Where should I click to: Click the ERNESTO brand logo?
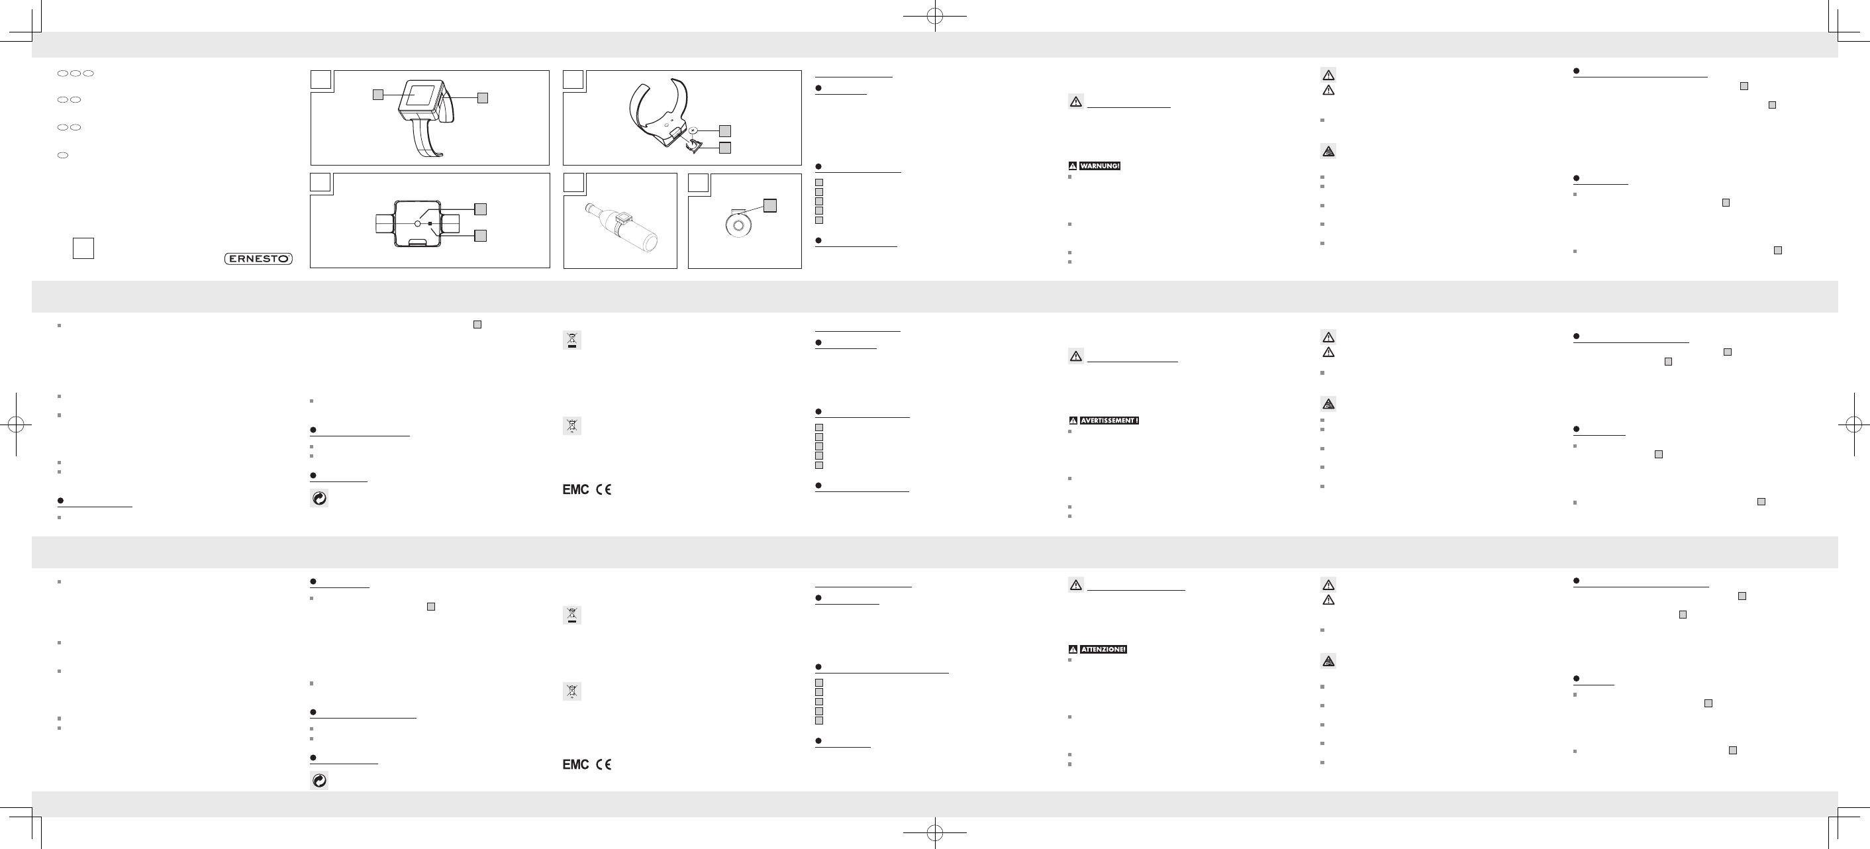[x=258, y=258]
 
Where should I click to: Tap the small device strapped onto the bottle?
[x=623, y=217]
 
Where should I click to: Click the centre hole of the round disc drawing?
[x=738, y=225]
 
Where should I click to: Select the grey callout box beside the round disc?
[x=770, y=205]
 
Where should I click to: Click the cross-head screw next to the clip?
[x=693, y=130]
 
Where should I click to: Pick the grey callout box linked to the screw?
[x=724, y=130]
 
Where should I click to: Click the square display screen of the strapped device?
[x=420, y=95]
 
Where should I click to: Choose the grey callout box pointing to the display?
[x=377, y=95]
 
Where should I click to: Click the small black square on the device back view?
[x=430, y=224]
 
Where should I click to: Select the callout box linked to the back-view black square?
[x=480, y=235]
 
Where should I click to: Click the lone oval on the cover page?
[x=62, y=156]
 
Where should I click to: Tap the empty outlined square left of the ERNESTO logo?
[x=83, y=248]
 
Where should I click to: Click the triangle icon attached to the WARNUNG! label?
[x=1073, y=166]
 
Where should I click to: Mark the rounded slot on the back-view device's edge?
[x=418, y=242]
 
